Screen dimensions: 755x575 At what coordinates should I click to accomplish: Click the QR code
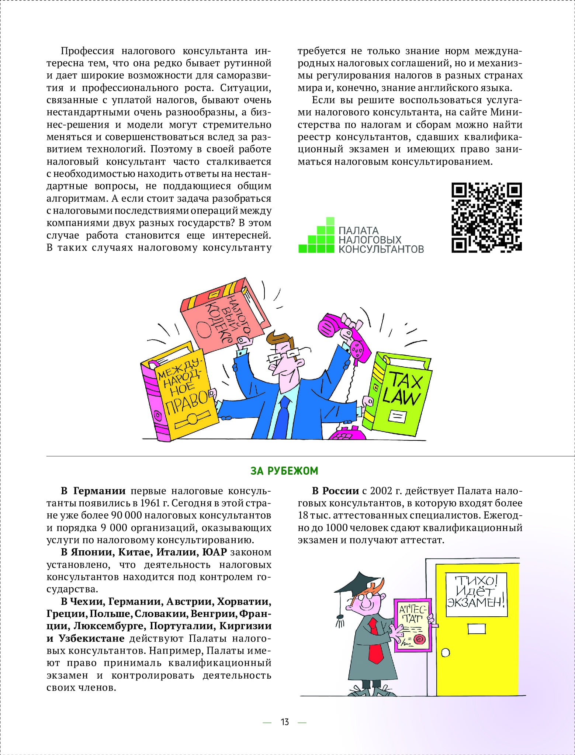(x=486, y=218)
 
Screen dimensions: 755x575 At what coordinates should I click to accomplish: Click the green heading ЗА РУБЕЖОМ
(x=284, y=471)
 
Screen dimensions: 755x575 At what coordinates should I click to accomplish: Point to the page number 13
(x=285, y=722)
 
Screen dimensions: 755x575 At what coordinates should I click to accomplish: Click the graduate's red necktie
(x=376, y=642)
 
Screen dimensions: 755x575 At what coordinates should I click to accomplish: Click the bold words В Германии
(x=93, y=491)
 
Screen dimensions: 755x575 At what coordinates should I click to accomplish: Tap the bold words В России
(x=335, y=491)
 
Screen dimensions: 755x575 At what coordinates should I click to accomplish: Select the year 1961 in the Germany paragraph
(x=150, y=503)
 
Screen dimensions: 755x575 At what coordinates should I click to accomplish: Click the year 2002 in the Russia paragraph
(x=381, y=491)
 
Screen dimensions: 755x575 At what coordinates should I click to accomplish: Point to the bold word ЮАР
(x=214, y=552)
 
